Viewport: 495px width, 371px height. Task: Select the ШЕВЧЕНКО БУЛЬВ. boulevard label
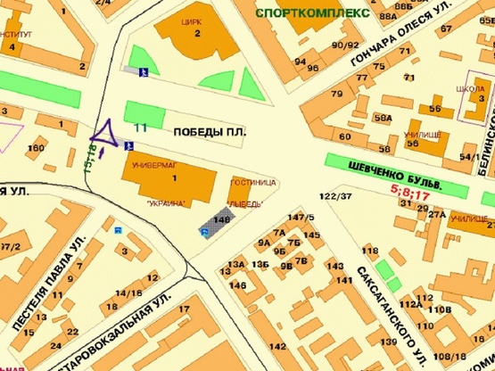pyautogui.click(x=398, y=174)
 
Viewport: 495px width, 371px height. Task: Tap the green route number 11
pyautogui.click(x=140, y=128)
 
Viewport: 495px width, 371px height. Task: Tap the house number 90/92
pyautogui.click(x=341, y=44)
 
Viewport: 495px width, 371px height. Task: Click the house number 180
pyautogui.click(x=36, y=147)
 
